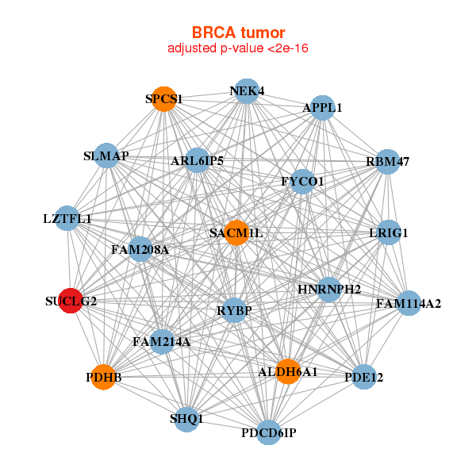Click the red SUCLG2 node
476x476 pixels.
pos(71,301)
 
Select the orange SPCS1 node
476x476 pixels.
pos(164,99)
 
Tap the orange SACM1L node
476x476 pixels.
pos(236,233)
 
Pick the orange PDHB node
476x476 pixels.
pos(104,378)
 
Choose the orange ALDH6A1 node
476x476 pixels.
pos(288,371)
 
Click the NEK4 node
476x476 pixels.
pos(247,90)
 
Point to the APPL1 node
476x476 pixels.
pos(322,107)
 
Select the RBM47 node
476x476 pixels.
pos(387,162)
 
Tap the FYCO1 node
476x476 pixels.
pos(302,182)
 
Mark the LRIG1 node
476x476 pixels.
pos(388,233)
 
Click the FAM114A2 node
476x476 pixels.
pos(408,303)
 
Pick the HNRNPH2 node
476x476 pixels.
pos(329,289)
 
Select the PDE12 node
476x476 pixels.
pos(364,378)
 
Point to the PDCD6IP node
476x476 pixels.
pos(269,432)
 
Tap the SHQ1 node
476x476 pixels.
pos(186,419)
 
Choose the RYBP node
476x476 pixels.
pos(234,310)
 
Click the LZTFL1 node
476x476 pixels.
pos(67,218)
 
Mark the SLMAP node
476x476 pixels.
pos(106,155)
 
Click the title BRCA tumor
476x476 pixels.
pos(238,33)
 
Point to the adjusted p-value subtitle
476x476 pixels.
pos(238,48)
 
